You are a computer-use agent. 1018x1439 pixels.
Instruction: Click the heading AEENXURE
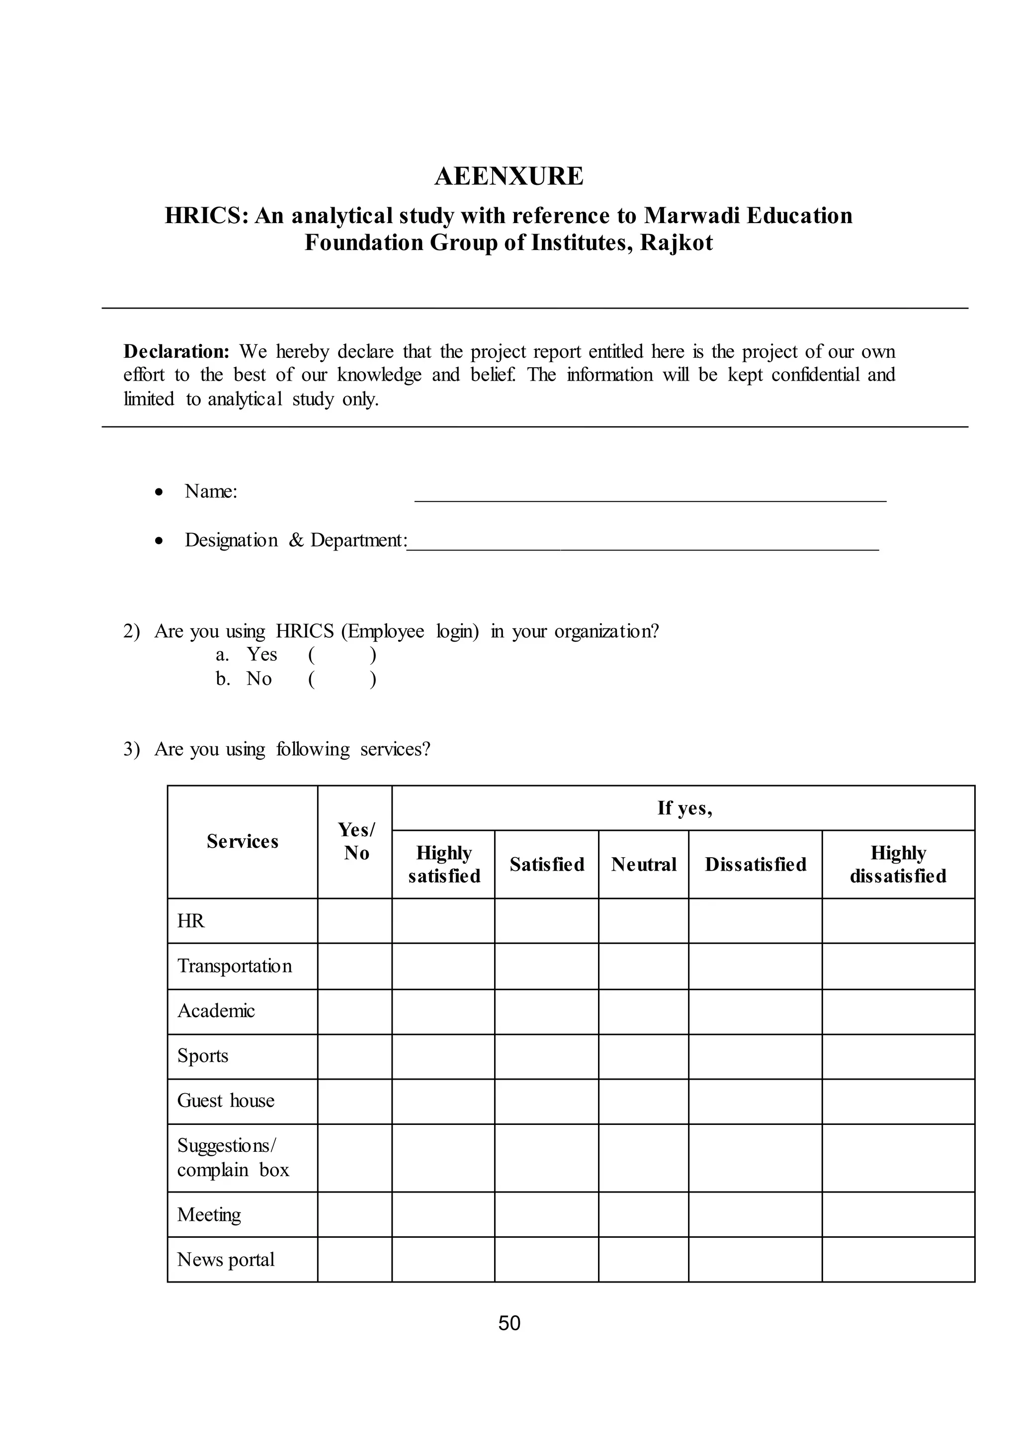(x=509, y=176)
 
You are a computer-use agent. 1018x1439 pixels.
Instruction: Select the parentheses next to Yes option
(x=342, y=655)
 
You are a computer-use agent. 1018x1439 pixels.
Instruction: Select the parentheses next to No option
(x=342, y=679)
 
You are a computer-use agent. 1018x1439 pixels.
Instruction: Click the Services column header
(x=243, y=841)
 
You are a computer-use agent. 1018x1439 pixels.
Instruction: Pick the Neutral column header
(x=644, y=864)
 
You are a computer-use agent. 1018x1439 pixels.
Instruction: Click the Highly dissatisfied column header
(x=898, y=864)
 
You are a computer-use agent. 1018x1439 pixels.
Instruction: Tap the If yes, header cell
(x=684, y=808)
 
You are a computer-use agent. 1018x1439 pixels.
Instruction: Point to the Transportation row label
(x=235, y=966)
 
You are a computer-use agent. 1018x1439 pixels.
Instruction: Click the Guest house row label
(x=226, y=1101)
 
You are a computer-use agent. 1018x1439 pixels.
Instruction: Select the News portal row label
(x=226, y=1259)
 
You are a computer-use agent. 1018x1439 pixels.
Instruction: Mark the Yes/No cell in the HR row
(x=355, y=921)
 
